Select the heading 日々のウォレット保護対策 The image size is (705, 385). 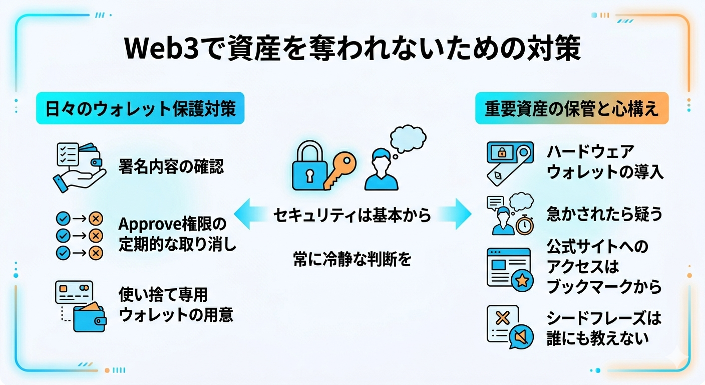140,108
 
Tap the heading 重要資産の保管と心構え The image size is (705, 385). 571,108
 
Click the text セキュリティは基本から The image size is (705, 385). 352,216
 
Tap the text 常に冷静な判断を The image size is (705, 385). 352,259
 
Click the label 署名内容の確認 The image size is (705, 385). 171,166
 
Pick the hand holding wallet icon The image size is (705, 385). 79,167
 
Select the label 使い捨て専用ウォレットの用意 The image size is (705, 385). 175,305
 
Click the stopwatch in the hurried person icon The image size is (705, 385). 525,225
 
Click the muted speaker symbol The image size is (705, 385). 520,337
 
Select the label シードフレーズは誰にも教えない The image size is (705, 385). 604,327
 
